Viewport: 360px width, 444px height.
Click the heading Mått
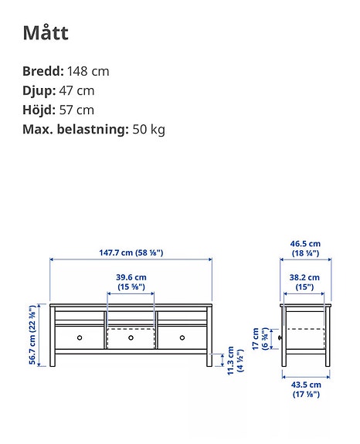click(x=45, y=32)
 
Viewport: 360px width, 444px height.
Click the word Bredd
click(x=42, y=71)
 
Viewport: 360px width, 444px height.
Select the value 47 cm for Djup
click(x=76, y=90)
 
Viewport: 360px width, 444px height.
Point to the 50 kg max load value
click(x=148, y=129)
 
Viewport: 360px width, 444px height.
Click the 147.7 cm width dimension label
click(x=131, y=253)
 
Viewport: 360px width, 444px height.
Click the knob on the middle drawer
click(x=131, y=337)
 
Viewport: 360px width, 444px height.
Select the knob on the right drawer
click(x=183, y=337)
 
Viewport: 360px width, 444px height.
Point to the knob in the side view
click(x=280, y=338)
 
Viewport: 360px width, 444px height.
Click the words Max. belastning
click(x=75, y=129)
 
